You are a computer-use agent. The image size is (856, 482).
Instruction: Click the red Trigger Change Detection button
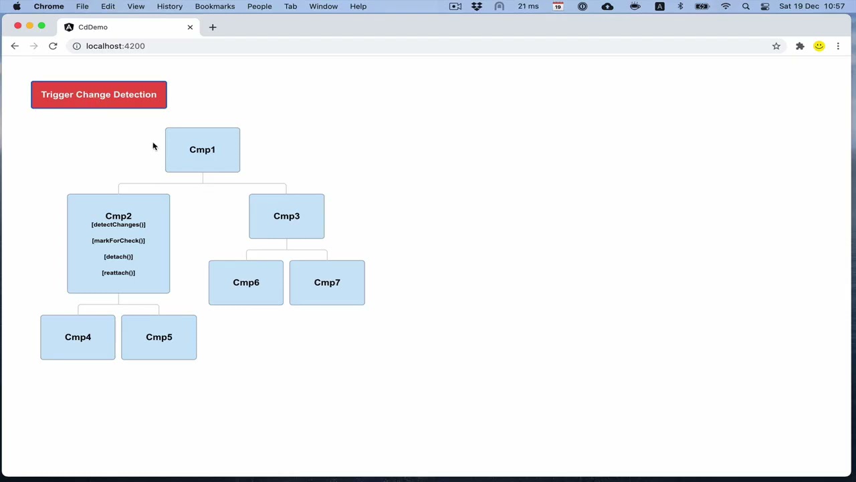pyautogui.click(x=99, y=94)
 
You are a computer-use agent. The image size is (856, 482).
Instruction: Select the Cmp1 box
pyautogui.click(x=203, y=150)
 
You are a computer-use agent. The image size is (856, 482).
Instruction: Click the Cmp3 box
pyautogui.click(x=287, y=216)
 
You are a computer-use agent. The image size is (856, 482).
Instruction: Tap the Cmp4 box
pyautogui.click(x=78, y=337)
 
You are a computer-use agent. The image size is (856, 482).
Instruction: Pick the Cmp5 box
pyautogui.click(x=159, y=337)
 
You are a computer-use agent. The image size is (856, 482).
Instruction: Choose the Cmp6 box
pyautogui.click(x=246, y=283)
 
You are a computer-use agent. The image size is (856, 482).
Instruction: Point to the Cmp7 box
pyautogui.click(x=327, y=283)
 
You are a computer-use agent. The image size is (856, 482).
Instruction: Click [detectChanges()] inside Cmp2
pyautogui.click(x=118, y=224)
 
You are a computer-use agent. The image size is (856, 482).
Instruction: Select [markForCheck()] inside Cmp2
pyautogui.click(x=118, y=240)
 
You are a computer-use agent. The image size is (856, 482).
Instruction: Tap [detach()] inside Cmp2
pyautogui.click(x=118, y=256)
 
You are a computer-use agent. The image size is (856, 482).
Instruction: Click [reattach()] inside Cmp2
pyautogui.click(x=118, y=272)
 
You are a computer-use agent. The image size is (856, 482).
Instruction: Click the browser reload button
pyautogui.click(x=53, y=46)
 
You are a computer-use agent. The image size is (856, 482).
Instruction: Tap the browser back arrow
pyautogui.click(x=15, y=46)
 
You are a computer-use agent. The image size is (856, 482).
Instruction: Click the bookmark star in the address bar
pyautogui.click(x=776, y=46)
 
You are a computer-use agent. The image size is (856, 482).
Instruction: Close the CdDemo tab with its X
pyautogui.click(x=190, y=27)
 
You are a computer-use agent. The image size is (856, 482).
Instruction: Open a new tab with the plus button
pyautogui.click(x=213, y=27)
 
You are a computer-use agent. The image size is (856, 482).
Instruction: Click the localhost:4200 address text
pyautogui.click(x=116, y=46)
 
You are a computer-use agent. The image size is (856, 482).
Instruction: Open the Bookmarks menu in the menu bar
pyautogui.click(x=215, y=7)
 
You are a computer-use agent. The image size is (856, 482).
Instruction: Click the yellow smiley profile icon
pyautogui.click(x=819, y=46)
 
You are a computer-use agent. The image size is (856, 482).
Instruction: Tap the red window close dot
pyautogui.click(x=17, y=25)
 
